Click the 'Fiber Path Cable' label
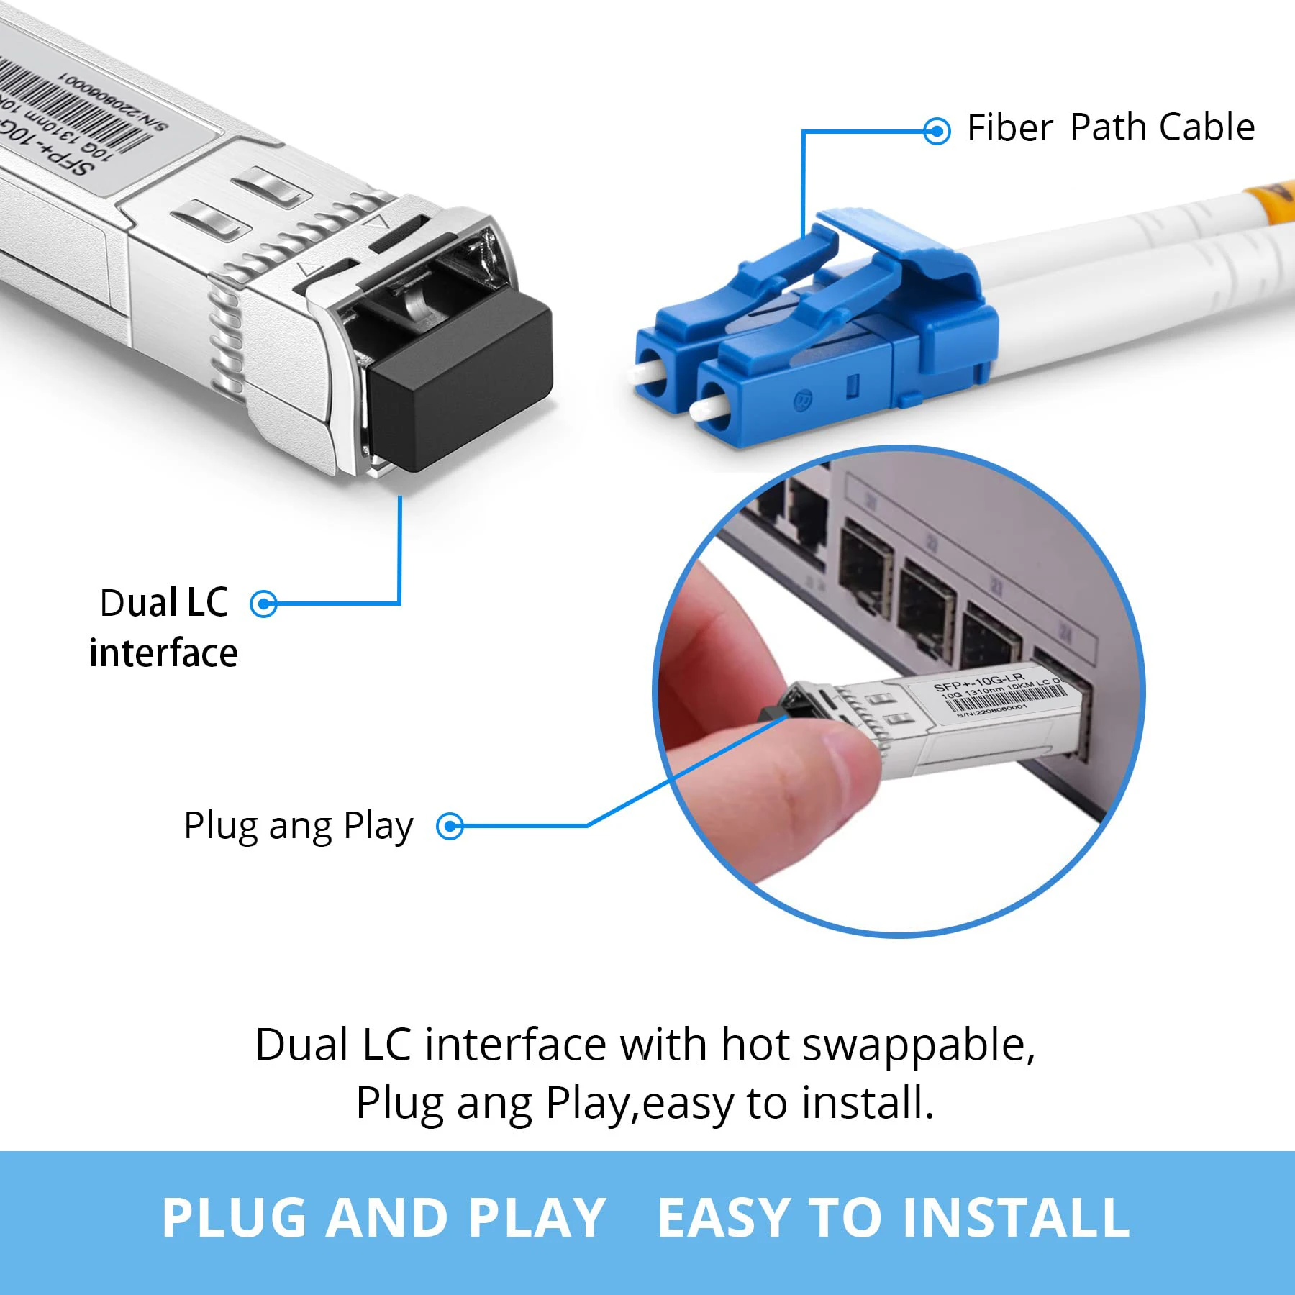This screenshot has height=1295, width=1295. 1110,128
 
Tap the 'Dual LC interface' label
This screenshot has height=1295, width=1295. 164,627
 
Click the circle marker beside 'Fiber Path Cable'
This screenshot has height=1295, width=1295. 936,131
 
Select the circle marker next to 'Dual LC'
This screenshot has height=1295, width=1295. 263,604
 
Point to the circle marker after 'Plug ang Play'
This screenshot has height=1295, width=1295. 450,826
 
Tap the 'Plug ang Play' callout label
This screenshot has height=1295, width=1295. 298,826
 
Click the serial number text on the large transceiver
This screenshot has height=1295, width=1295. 115,101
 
